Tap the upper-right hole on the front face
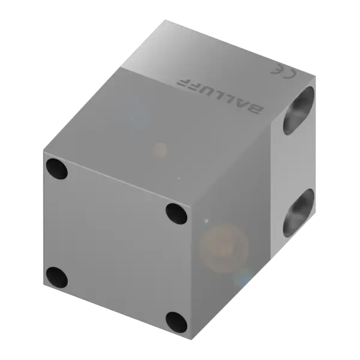[176, 212]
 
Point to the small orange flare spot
[160, 149]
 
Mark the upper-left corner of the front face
[45, 151]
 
